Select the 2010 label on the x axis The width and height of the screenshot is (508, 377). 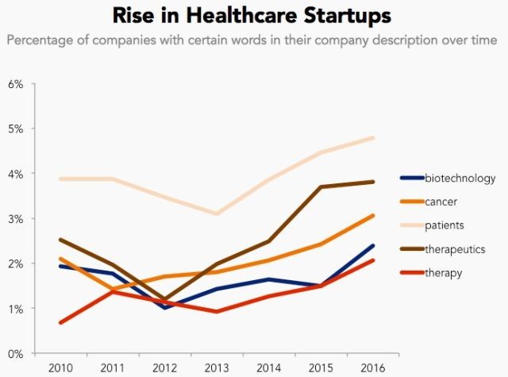[x=60, y=368]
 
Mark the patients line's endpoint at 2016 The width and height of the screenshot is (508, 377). [x=374, y=138]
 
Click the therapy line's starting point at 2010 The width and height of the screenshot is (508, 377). [x=60, y=322]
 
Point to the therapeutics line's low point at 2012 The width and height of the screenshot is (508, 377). [x=164, y=299]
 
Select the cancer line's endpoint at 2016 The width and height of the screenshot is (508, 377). [x=374, y=215]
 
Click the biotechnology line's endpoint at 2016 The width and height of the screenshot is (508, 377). [x=374, y=246]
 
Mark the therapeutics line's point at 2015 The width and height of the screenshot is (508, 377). [x=321, y=187]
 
